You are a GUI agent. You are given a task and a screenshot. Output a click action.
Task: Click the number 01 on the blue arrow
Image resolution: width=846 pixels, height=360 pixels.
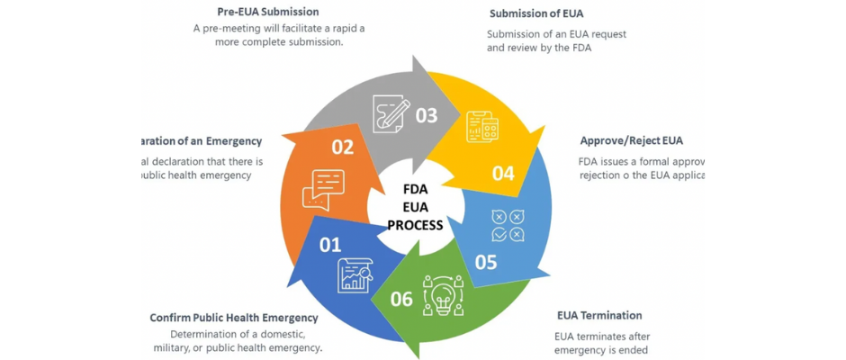tap(330, 244)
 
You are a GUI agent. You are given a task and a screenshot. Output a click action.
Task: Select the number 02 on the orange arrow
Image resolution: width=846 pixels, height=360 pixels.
tap(343, 147)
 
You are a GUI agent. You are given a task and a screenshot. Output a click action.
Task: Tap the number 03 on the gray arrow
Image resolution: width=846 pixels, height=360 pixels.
tap(427, 115)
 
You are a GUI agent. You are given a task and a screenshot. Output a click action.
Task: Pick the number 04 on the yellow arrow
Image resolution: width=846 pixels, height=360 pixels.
tap(503, 172)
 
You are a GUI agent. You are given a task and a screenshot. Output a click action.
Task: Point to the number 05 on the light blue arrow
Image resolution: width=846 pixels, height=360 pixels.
tap(486, 262)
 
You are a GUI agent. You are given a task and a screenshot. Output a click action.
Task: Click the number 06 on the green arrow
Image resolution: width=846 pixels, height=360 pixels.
tap(401, 298)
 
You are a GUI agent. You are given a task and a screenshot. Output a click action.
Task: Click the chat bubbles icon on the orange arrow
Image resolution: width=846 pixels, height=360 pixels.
tap(323, 188)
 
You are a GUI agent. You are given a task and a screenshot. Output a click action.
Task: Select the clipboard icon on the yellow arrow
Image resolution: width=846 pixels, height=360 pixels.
tap(482, 128)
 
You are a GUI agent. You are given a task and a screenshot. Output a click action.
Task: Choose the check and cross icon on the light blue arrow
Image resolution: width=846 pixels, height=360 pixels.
tap(508, 226)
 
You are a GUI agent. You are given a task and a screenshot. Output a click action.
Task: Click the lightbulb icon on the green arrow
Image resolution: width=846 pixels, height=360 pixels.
tap(443, 294)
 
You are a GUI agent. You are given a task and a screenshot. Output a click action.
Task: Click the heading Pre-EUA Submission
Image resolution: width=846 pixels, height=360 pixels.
tap(268, 12)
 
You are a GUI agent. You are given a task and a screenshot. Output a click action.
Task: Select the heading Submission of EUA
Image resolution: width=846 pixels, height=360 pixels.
tap(536, 13)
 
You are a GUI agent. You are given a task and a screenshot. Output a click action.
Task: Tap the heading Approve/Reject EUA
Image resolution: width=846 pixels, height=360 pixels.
tap(631, 140)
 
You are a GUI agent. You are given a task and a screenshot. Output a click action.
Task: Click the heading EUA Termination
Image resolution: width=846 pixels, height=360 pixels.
tap(599, 315)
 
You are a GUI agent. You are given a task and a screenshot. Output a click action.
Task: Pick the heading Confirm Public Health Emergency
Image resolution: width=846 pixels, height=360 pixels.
tap(234, 317)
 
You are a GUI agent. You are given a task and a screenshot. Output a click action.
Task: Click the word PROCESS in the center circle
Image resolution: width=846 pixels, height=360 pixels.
tap(415, 225)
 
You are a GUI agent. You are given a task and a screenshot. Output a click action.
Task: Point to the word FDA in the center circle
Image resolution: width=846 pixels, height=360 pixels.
tap(416, 189)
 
